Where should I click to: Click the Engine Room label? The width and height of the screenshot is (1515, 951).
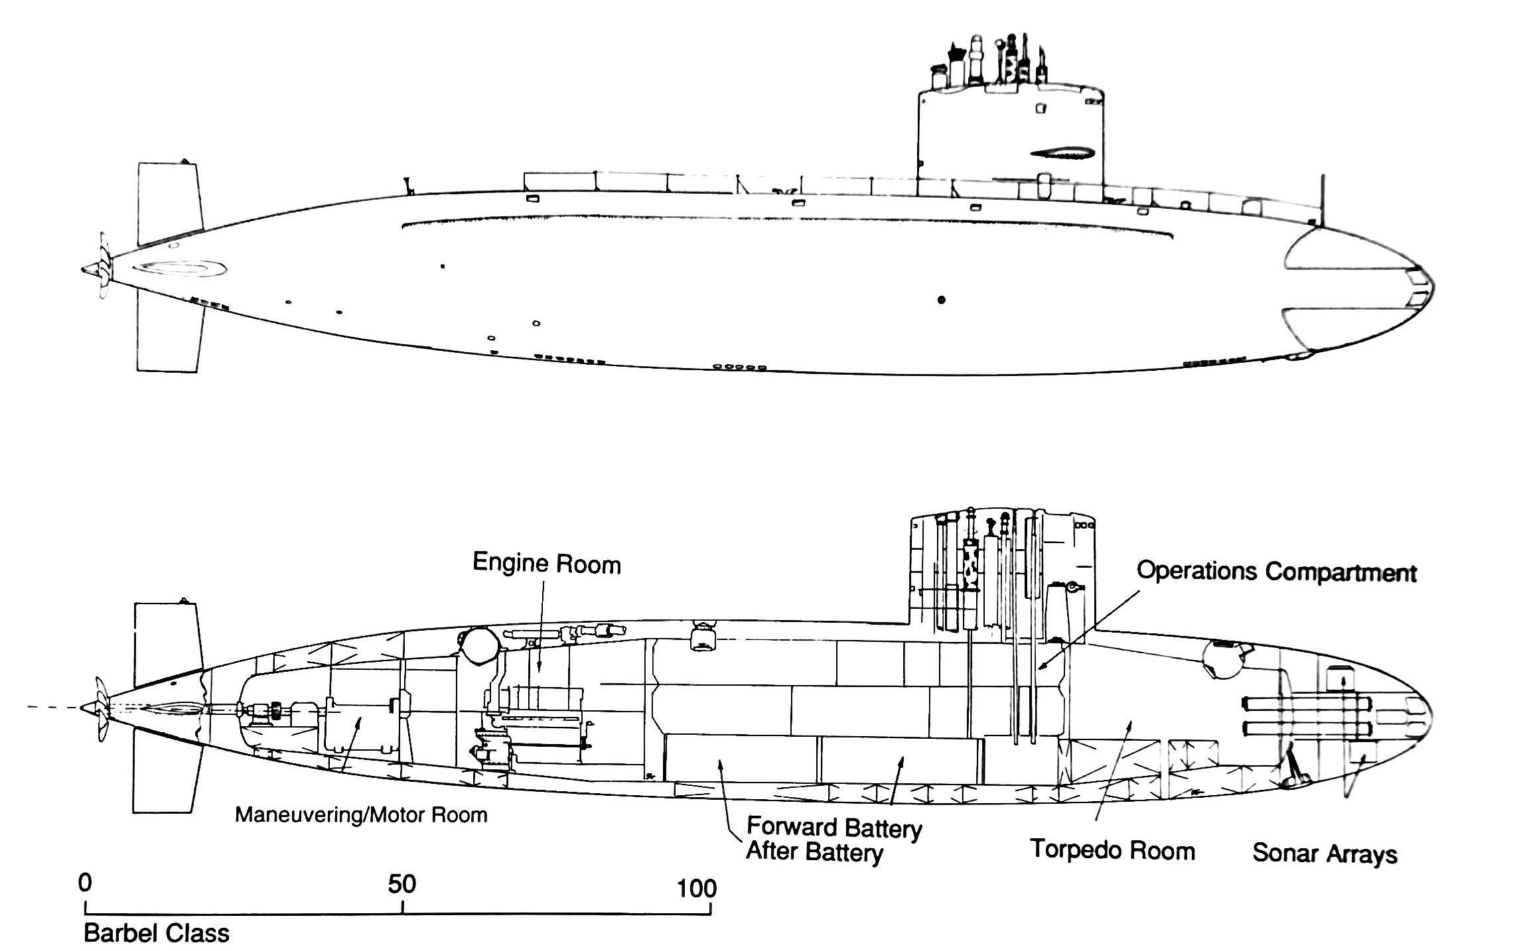tap(546, 564)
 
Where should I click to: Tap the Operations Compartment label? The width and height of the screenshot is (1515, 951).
tap(1276, 572)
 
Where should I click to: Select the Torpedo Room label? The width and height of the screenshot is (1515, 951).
tap(1112, 851)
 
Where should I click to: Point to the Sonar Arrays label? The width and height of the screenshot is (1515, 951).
tap(1325, 854)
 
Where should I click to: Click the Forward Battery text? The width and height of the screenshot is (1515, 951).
tap(834, 828)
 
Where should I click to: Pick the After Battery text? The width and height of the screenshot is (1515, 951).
tap(814, 852)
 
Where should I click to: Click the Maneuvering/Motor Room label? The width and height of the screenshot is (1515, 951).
tap(361, 815)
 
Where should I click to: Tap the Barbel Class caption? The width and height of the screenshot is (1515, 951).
tap(156, 933)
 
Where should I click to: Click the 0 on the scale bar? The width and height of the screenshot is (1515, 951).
tap(84, 884)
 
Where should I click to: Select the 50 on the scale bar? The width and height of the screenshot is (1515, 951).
tap(402, 884)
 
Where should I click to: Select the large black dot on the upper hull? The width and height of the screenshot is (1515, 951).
tap(941, 300)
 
